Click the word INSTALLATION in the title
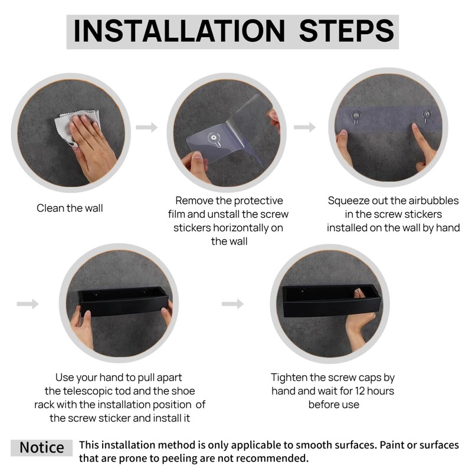click(179, 31)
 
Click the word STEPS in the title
click(346, 31)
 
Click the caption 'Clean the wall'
click(70, 208)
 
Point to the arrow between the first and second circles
click(146, 127)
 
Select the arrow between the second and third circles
click(304, 127)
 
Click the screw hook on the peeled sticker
click(214, 139)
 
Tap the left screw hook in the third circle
click(356, 117)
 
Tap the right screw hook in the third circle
click(426, 116)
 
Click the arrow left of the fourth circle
click(28, 304)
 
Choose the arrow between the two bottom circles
click(232, 304)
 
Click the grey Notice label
click(41, 448)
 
